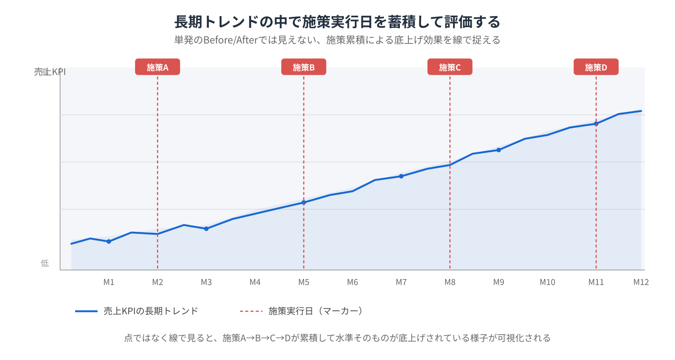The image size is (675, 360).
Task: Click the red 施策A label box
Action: click(157, 67)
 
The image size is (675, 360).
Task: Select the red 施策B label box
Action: click(303, 67)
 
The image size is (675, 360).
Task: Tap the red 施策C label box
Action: click(450, 67)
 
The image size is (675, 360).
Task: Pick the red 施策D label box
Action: click(596, 67)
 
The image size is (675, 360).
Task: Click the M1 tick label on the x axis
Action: click(109, 282)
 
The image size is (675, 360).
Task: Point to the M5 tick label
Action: click(304, 282)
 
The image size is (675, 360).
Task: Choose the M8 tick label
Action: click(450, 282)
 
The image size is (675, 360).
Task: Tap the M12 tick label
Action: click(641, 282)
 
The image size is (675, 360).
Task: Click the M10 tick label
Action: click(547, 282)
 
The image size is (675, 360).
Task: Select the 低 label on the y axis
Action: click(45, 263)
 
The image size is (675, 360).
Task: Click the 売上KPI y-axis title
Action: click(50, 72)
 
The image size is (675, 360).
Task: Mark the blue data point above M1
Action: click(109, 241)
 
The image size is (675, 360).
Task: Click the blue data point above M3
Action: click(206, 229)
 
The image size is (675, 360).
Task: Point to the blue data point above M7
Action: click(401, 176)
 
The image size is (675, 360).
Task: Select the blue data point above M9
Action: click(499, 150)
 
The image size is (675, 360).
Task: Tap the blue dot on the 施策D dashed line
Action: click(596, 124)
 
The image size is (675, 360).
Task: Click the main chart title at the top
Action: click(337, 22)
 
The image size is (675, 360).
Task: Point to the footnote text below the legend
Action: click(337, 338)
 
